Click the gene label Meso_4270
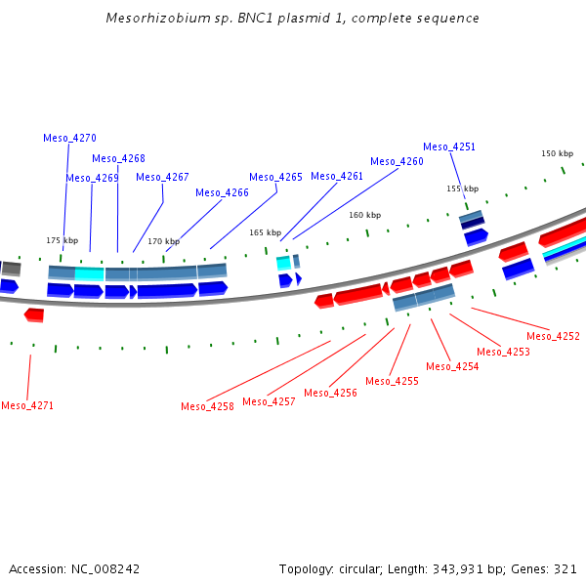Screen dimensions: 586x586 point(69,138)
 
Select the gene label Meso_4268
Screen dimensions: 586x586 point(118,158)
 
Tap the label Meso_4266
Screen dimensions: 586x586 point(222,192)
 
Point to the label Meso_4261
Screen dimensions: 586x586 point(337,176)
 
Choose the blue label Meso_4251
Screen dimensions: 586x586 point(449,146)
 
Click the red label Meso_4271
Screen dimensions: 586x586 point(27,405)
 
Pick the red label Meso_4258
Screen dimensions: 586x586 point(207,406)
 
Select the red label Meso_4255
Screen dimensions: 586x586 point(392,381)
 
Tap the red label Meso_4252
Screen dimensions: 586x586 point(553,336)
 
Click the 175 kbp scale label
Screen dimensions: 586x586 point(62,240)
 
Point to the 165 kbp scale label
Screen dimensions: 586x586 point(265,232)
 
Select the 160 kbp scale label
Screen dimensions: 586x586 point(364,215)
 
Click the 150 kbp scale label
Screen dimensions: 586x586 point(557,153)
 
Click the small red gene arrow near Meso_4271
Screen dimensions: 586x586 point(34,314)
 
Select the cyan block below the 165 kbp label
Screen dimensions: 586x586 point(283,263)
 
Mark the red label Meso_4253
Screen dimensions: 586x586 point(503,352)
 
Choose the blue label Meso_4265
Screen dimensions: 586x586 point(275,177)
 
